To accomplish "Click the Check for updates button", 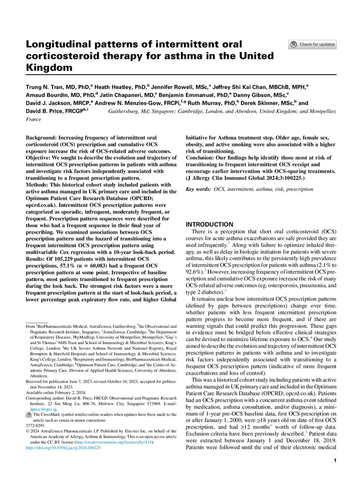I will click(x=312, y=45).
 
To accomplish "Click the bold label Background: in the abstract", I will click(x=42, y=138).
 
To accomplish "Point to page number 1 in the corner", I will click(x=334, y=461).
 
